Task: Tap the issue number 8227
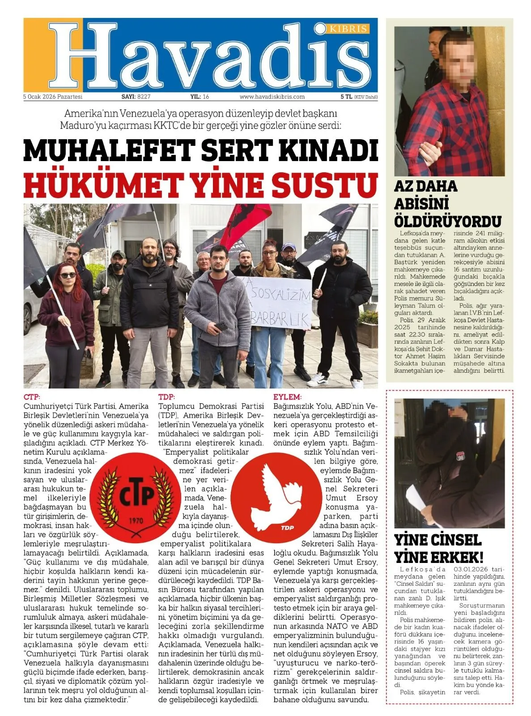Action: tap(144, 97)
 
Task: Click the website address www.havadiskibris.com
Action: tap(272, 97)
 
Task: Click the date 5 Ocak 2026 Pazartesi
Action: tap(53, 97)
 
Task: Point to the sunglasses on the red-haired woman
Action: tap(68, 275)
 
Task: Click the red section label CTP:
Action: tap(32, 397)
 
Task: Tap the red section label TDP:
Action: tap(166, 397)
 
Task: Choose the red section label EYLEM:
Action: tap(287, 397)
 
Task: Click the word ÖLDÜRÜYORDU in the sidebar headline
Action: tap(447, 221)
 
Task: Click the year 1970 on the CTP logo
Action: tap(136, 520)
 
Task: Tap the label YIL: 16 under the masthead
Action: tap(200, 97)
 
